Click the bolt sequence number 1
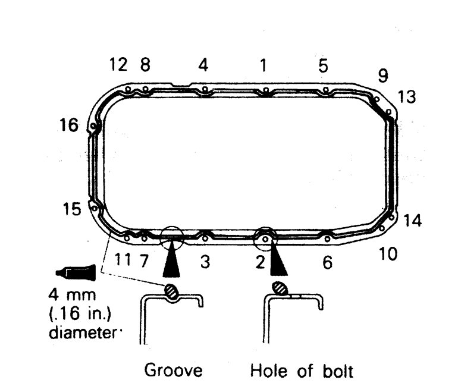point(263,65)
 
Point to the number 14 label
point(412,221)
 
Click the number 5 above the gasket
point(323,66)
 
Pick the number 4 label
point(203,65)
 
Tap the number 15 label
point(72,210)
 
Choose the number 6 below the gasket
point(327,262)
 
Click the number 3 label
point(205,262)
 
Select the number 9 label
point(383,75)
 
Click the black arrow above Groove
point(171,262)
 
